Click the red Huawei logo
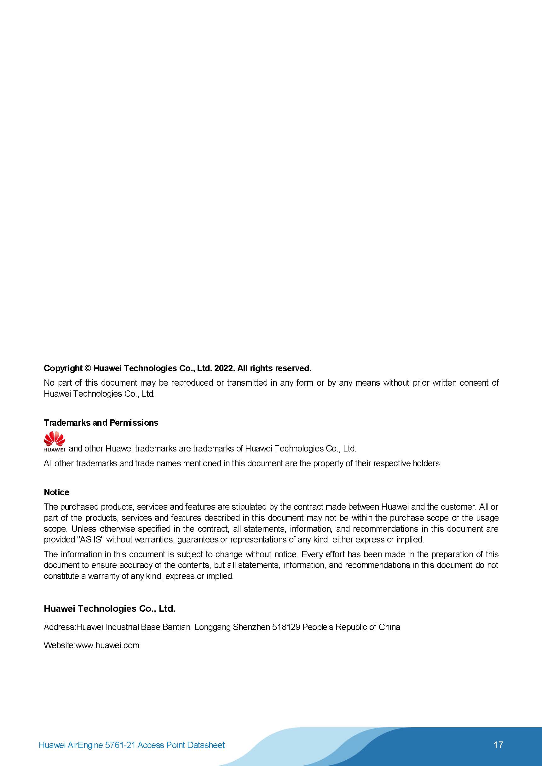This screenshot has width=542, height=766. (54, 441)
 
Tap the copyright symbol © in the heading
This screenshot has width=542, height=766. (88, 368)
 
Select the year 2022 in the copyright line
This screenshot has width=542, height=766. (224, 368)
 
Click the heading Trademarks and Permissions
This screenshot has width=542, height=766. (101, 423)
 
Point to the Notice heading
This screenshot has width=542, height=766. (56, 492)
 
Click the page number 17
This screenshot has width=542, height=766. (498, 745)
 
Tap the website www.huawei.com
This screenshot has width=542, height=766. (107, 645)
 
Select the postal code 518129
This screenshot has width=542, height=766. (286, 627)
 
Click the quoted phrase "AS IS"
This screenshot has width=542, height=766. (90, 539)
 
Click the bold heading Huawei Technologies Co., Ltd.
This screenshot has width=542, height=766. (110, 609)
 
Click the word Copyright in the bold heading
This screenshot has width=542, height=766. (63, 368)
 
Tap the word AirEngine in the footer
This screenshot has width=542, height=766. (85, 745)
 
